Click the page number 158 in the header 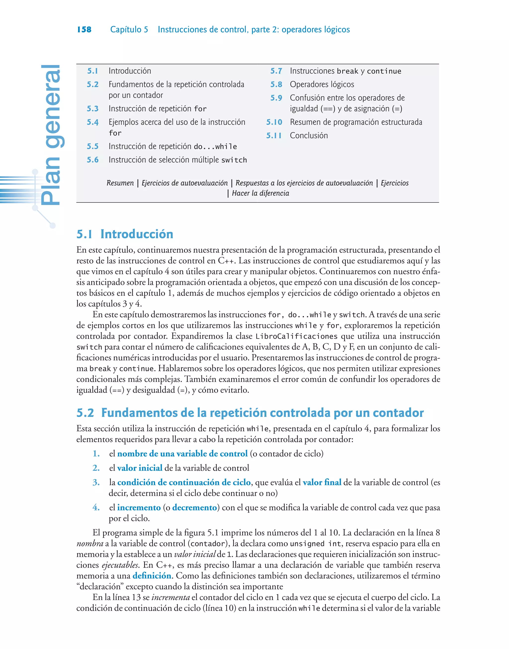pyautogui.click(x=84, y=30)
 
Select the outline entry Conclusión pyautogui.click(x=309, y=135)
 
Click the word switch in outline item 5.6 pyautogui.click(x=234, y=160)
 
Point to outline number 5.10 pyautogui.click(x=274, y=122)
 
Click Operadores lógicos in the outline pyautogui.click(x=322, y=84)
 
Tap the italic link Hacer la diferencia pyautogui.click(x=260, y=193)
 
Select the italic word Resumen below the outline pyautogui.click(x=120, y=183)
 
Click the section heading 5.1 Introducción pyautogui.click(x=125, y=234)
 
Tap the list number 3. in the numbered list pyautogui.click(x=96, y=482)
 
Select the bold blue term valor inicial pyautogui.click(x=139, y=468)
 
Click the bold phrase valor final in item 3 pyautogui.click(x=322, y=482)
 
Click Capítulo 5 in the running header pyautogui.click(x=129, y=30)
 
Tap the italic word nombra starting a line pyautogui.click(x=90, y=544)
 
